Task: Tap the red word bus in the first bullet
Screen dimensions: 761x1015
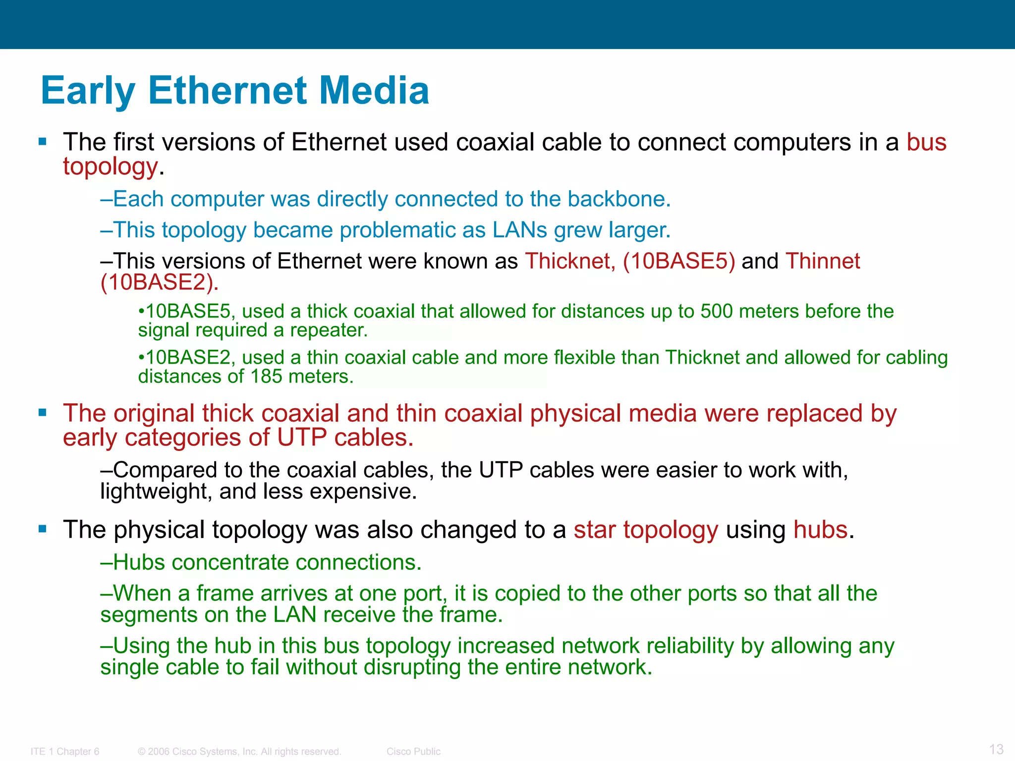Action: [x=926, y=142]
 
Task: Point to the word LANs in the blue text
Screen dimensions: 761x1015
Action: [x=520, y=230]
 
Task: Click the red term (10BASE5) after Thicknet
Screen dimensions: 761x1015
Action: [x=678, y=261]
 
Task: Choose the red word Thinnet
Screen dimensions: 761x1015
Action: [x=823, y=261]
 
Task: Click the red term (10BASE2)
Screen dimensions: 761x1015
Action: [x=159, y=282]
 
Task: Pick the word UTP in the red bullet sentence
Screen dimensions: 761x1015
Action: [x=302, y=438]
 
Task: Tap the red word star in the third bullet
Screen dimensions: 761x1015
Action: [x=594, y=530]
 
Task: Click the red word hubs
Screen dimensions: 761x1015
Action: [x=820, y=530]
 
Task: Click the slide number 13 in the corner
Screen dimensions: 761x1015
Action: [x=996, y=749]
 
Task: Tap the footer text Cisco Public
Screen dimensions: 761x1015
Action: [x=413, y=752]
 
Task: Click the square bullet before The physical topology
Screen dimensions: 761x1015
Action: [x=43, y=529]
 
